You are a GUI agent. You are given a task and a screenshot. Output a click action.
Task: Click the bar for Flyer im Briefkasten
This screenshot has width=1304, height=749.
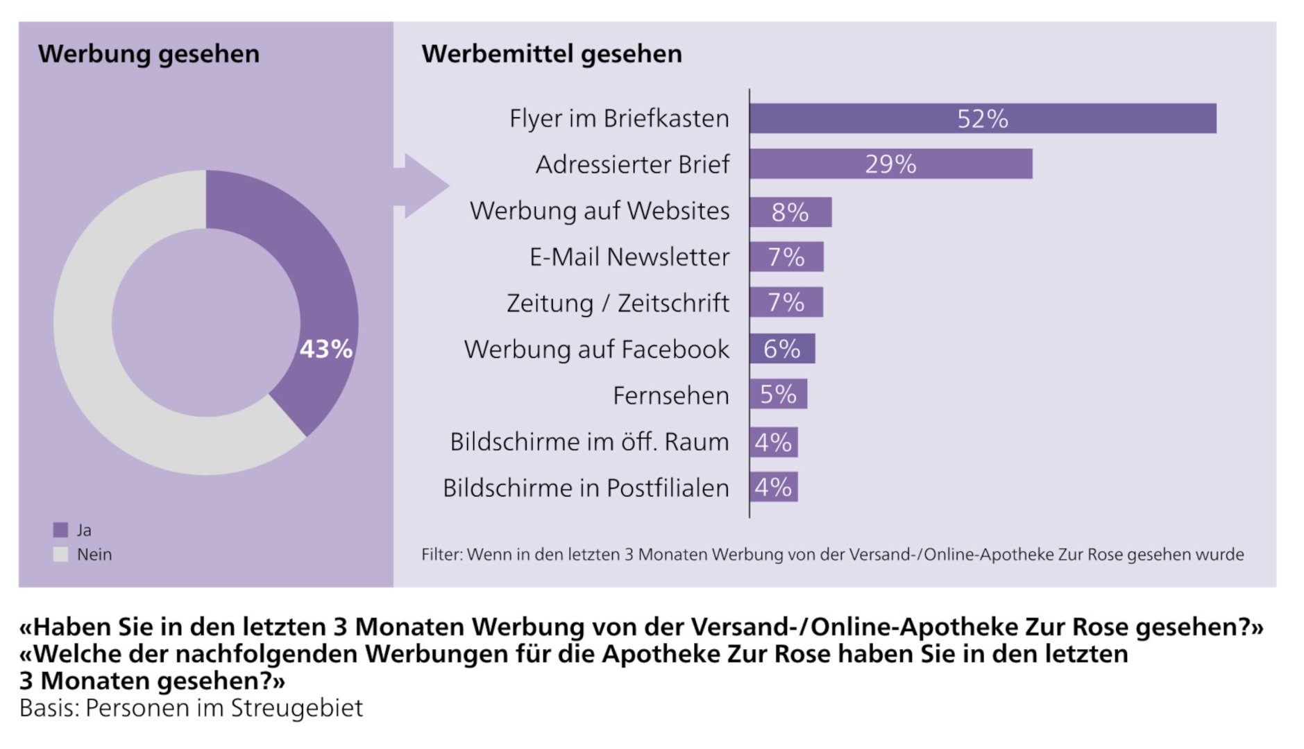tap(982, 119)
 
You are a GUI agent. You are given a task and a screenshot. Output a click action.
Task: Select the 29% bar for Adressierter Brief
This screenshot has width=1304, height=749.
tap(890, 164)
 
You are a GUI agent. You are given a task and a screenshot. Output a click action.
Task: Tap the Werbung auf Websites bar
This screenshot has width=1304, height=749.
tap(790, 212)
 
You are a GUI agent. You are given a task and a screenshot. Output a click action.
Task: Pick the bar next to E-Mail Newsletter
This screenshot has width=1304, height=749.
tap(786, 257)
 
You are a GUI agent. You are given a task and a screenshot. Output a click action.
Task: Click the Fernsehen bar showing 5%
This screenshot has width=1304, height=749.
tap(778, 394)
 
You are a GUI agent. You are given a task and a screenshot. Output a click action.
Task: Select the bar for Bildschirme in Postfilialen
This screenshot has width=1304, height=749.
tap(773, 487)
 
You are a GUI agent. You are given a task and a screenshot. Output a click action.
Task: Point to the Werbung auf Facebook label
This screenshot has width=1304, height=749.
tap(596, 349)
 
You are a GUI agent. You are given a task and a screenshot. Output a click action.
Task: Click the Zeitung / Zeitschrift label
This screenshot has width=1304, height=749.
tap(618, 303)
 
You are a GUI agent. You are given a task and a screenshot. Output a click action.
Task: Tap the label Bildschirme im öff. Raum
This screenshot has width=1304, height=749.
tap(589, 442)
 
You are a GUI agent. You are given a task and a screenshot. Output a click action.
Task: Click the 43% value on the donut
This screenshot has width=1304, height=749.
tap(325, 349)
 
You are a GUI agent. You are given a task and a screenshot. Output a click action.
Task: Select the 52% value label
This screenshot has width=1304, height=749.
tap(982, 119)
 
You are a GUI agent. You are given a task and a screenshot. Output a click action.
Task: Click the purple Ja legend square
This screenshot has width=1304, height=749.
tap(61, 530)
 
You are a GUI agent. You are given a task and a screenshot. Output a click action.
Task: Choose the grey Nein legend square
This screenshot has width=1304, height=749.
tap(61, 554)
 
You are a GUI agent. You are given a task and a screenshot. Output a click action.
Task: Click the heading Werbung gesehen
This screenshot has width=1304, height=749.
tap(149, 54)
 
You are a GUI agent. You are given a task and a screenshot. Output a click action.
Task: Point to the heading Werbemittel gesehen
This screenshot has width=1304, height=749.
tap(552, 54)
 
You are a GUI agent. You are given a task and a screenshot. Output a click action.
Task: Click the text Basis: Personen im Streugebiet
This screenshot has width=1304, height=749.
tap(191, 708)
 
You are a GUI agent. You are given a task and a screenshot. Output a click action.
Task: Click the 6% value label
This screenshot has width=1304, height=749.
tap(781, 349)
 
